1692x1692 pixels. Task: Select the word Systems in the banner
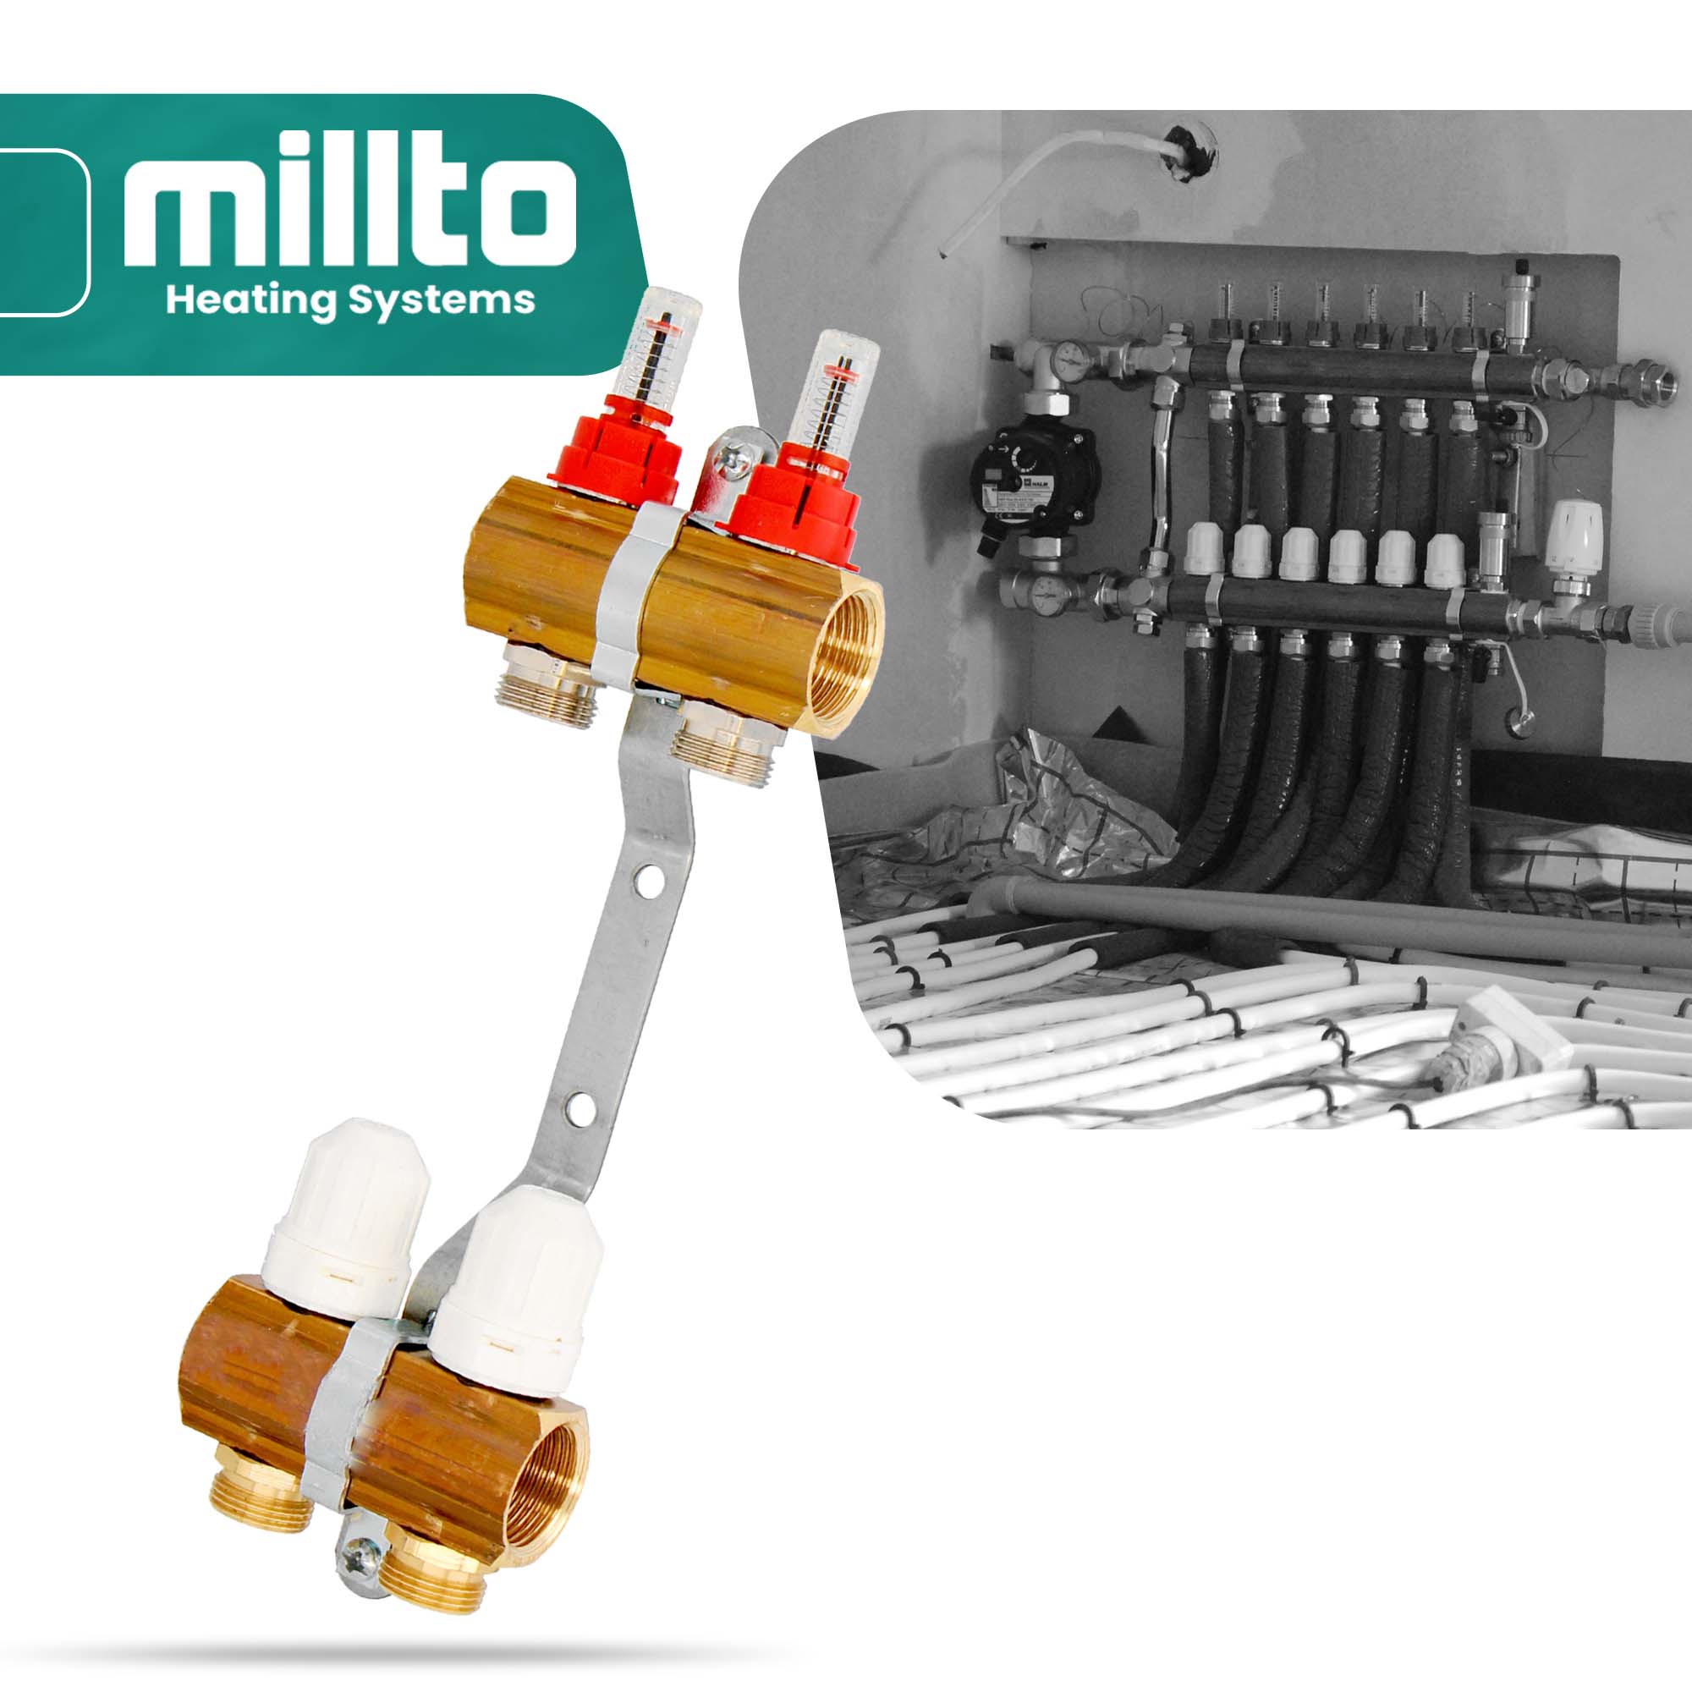pos(442,301)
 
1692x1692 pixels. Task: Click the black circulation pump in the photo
pos(1034,477)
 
